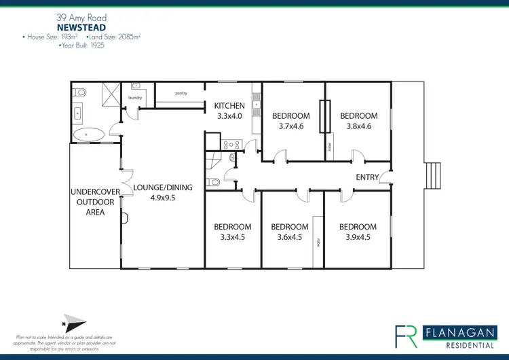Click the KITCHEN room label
[x=229, y=106]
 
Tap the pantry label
[x=181, y=93]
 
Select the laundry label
[x=135, y=98]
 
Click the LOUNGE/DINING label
[x=163, y=187]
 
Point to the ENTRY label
[x=367, y=177]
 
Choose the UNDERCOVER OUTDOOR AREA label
[x=96, y=202]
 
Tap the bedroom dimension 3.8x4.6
[x=358, y=126]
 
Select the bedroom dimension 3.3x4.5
[x=233, y=237]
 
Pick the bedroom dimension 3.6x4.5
[x=290, y=237]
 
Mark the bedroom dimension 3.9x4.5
[x=358, y=237]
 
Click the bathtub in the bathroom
[x=89, y=134]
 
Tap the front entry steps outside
[x=432, y=177]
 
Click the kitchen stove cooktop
[x=229, y=143]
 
